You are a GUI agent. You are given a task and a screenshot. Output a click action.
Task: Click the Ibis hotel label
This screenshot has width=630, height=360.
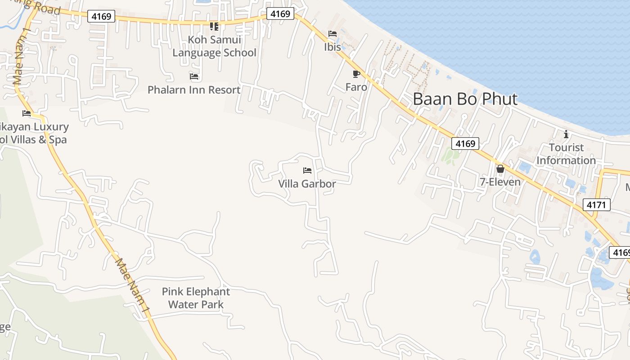[x=333, y=46]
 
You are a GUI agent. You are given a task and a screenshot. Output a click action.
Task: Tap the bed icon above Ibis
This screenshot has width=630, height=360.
[x=333, y=34]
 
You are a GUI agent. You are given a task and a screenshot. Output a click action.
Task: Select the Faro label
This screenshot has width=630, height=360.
[x=356, y=87]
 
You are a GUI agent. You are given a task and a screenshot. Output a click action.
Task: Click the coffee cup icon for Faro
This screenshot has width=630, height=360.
[x=356, y=74]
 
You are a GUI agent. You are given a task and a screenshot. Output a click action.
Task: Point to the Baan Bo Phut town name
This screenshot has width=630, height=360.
[x=465, y=99]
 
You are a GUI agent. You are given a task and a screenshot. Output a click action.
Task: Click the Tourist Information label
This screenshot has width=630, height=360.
[x=566, y=154]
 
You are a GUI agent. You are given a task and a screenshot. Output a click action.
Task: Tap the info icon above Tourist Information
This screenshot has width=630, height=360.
[x=566, y=134]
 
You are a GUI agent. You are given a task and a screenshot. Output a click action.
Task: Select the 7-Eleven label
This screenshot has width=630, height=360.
[x=500, y=182]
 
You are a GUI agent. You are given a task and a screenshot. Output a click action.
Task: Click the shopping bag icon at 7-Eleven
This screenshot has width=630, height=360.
[x=500, y=169]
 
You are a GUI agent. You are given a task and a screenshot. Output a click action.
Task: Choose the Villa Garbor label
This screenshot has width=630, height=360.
[x=307, y=184]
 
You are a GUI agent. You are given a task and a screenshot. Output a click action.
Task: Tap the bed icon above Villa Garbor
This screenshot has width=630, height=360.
[x=307, y=171]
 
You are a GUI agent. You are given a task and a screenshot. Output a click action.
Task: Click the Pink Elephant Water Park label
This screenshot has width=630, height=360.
[x=196, y=298]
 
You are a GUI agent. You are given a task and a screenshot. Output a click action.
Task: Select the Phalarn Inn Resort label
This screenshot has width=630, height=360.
[x=194, y=90]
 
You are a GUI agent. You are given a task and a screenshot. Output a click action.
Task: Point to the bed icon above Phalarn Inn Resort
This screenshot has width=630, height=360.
[x=194, y=76]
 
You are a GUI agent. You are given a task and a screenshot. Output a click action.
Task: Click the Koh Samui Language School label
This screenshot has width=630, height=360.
[x=215, y=46]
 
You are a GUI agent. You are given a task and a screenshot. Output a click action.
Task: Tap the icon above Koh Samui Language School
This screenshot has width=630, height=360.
[x=214, y=27]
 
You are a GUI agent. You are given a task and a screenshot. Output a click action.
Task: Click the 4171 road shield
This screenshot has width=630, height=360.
[x=597, y=205]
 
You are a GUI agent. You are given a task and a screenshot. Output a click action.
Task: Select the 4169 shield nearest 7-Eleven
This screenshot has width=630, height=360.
[x=465, y=144]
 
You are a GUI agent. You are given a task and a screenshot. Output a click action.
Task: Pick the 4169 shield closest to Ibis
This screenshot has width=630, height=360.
[x=280, y=14]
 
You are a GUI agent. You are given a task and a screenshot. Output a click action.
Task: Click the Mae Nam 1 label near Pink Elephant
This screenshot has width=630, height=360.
[x=132, y=286]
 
